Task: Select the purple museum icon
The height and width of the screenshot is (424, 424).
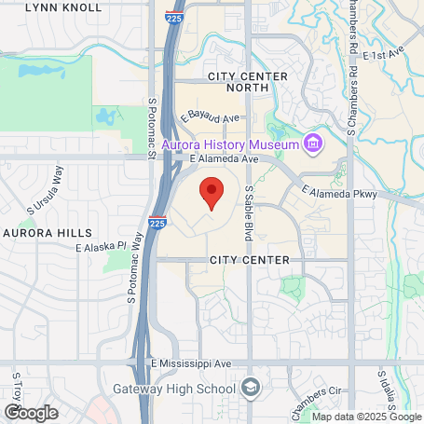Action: coord(313,144)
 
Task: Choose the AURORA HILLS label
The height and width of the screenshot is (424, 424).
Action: coord(48,232)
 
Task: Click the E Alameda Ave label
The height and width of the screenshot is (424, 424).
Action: coord(222,159)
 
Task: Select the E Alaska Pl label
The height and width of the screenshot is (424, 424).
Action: coord(101,247)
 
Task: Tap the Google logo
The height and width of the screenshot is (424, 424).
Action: coord(30,412)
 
